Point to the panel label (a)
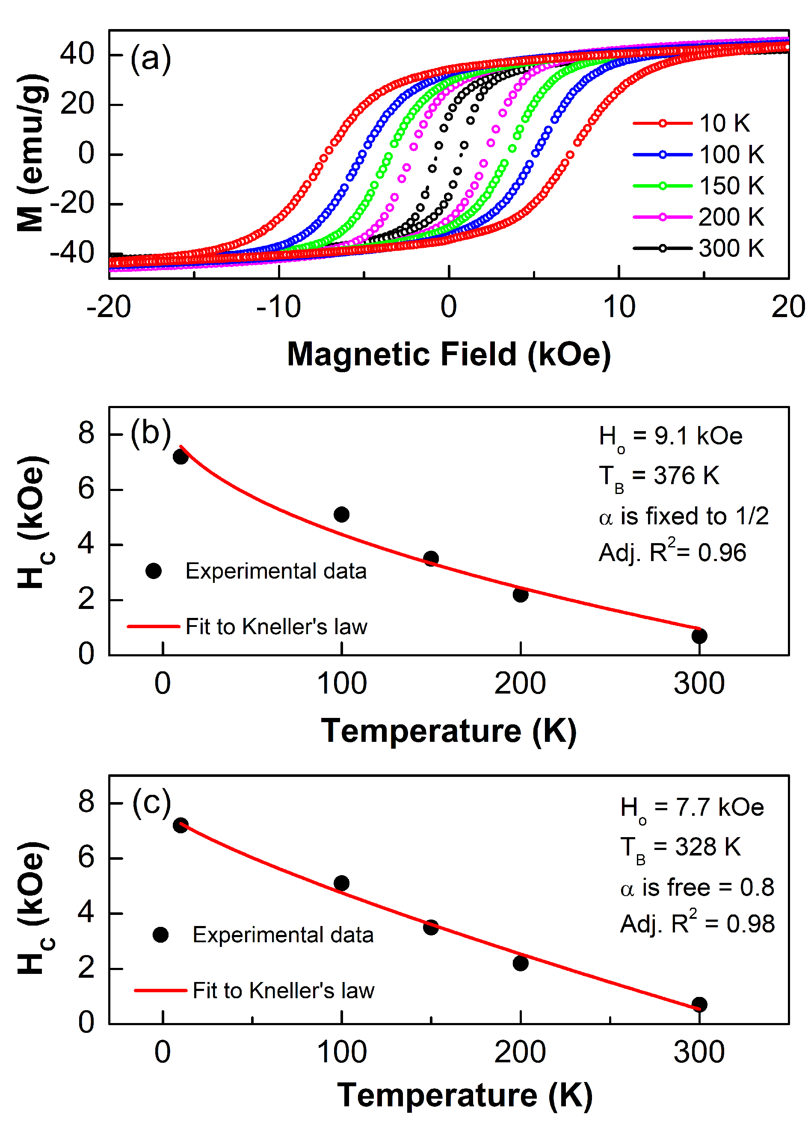pos(151,59)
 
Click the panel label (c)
pos(151,803)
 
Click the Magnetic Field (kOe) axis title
pos(449,355)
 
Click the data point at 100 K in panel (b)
pos(341,514)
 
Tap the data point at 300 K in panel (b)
pos(699,636)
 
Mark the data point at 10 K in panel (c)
pos(181,826)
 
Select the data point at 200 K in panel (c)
pos(520,964)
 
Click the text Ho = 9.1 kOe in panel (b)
pos(670,437)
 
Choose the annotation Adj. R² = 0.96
pos(672,552)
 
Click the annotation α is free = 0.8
pos(697,888)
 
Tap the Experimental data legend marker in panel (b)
pos(154,571)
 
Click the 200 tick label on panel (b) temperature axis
pos(520,684)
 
